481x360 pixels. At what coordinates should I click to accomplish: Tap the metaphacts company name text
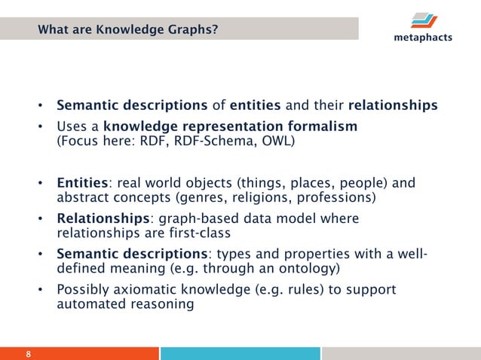point(422,38)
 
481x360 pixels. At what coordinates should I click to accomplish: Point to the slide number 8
point(29,353)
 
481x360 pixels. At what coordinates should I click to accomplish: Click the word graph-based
point(176,218)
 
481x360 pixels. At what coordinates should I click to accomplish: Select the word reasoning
point(161,305)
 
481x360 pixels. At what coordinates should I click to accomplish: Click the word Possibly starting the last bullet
point(81,289)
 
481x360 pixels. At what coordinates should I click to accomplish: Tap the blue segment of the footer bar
point(240,353)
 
